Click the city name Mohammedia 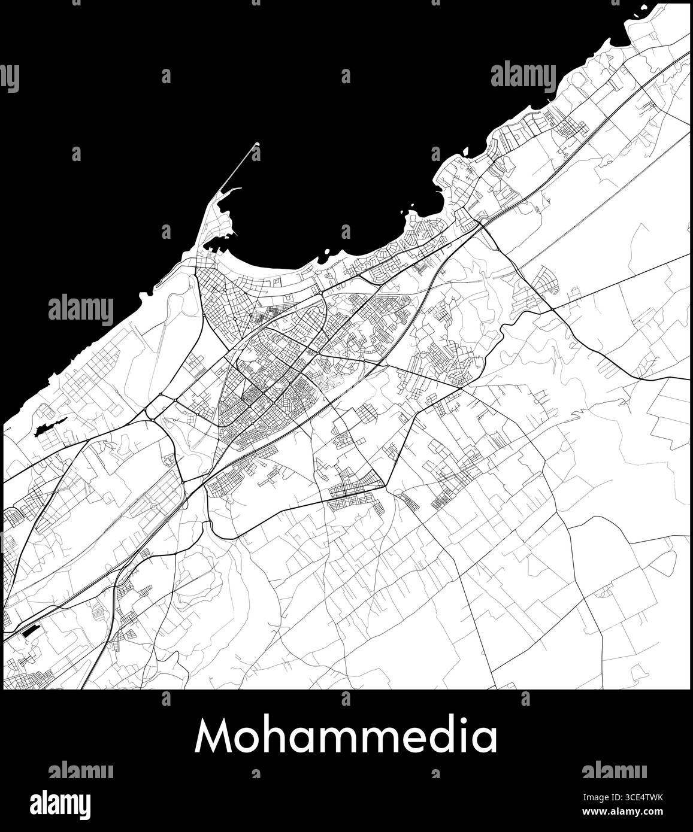click(x=346, y=736)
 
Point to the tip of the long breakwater click(x=258, y=143)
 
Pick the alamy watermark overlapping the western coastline click(x=80, y=309)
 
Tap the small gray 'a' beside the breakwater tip click(x=256, y=154)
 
